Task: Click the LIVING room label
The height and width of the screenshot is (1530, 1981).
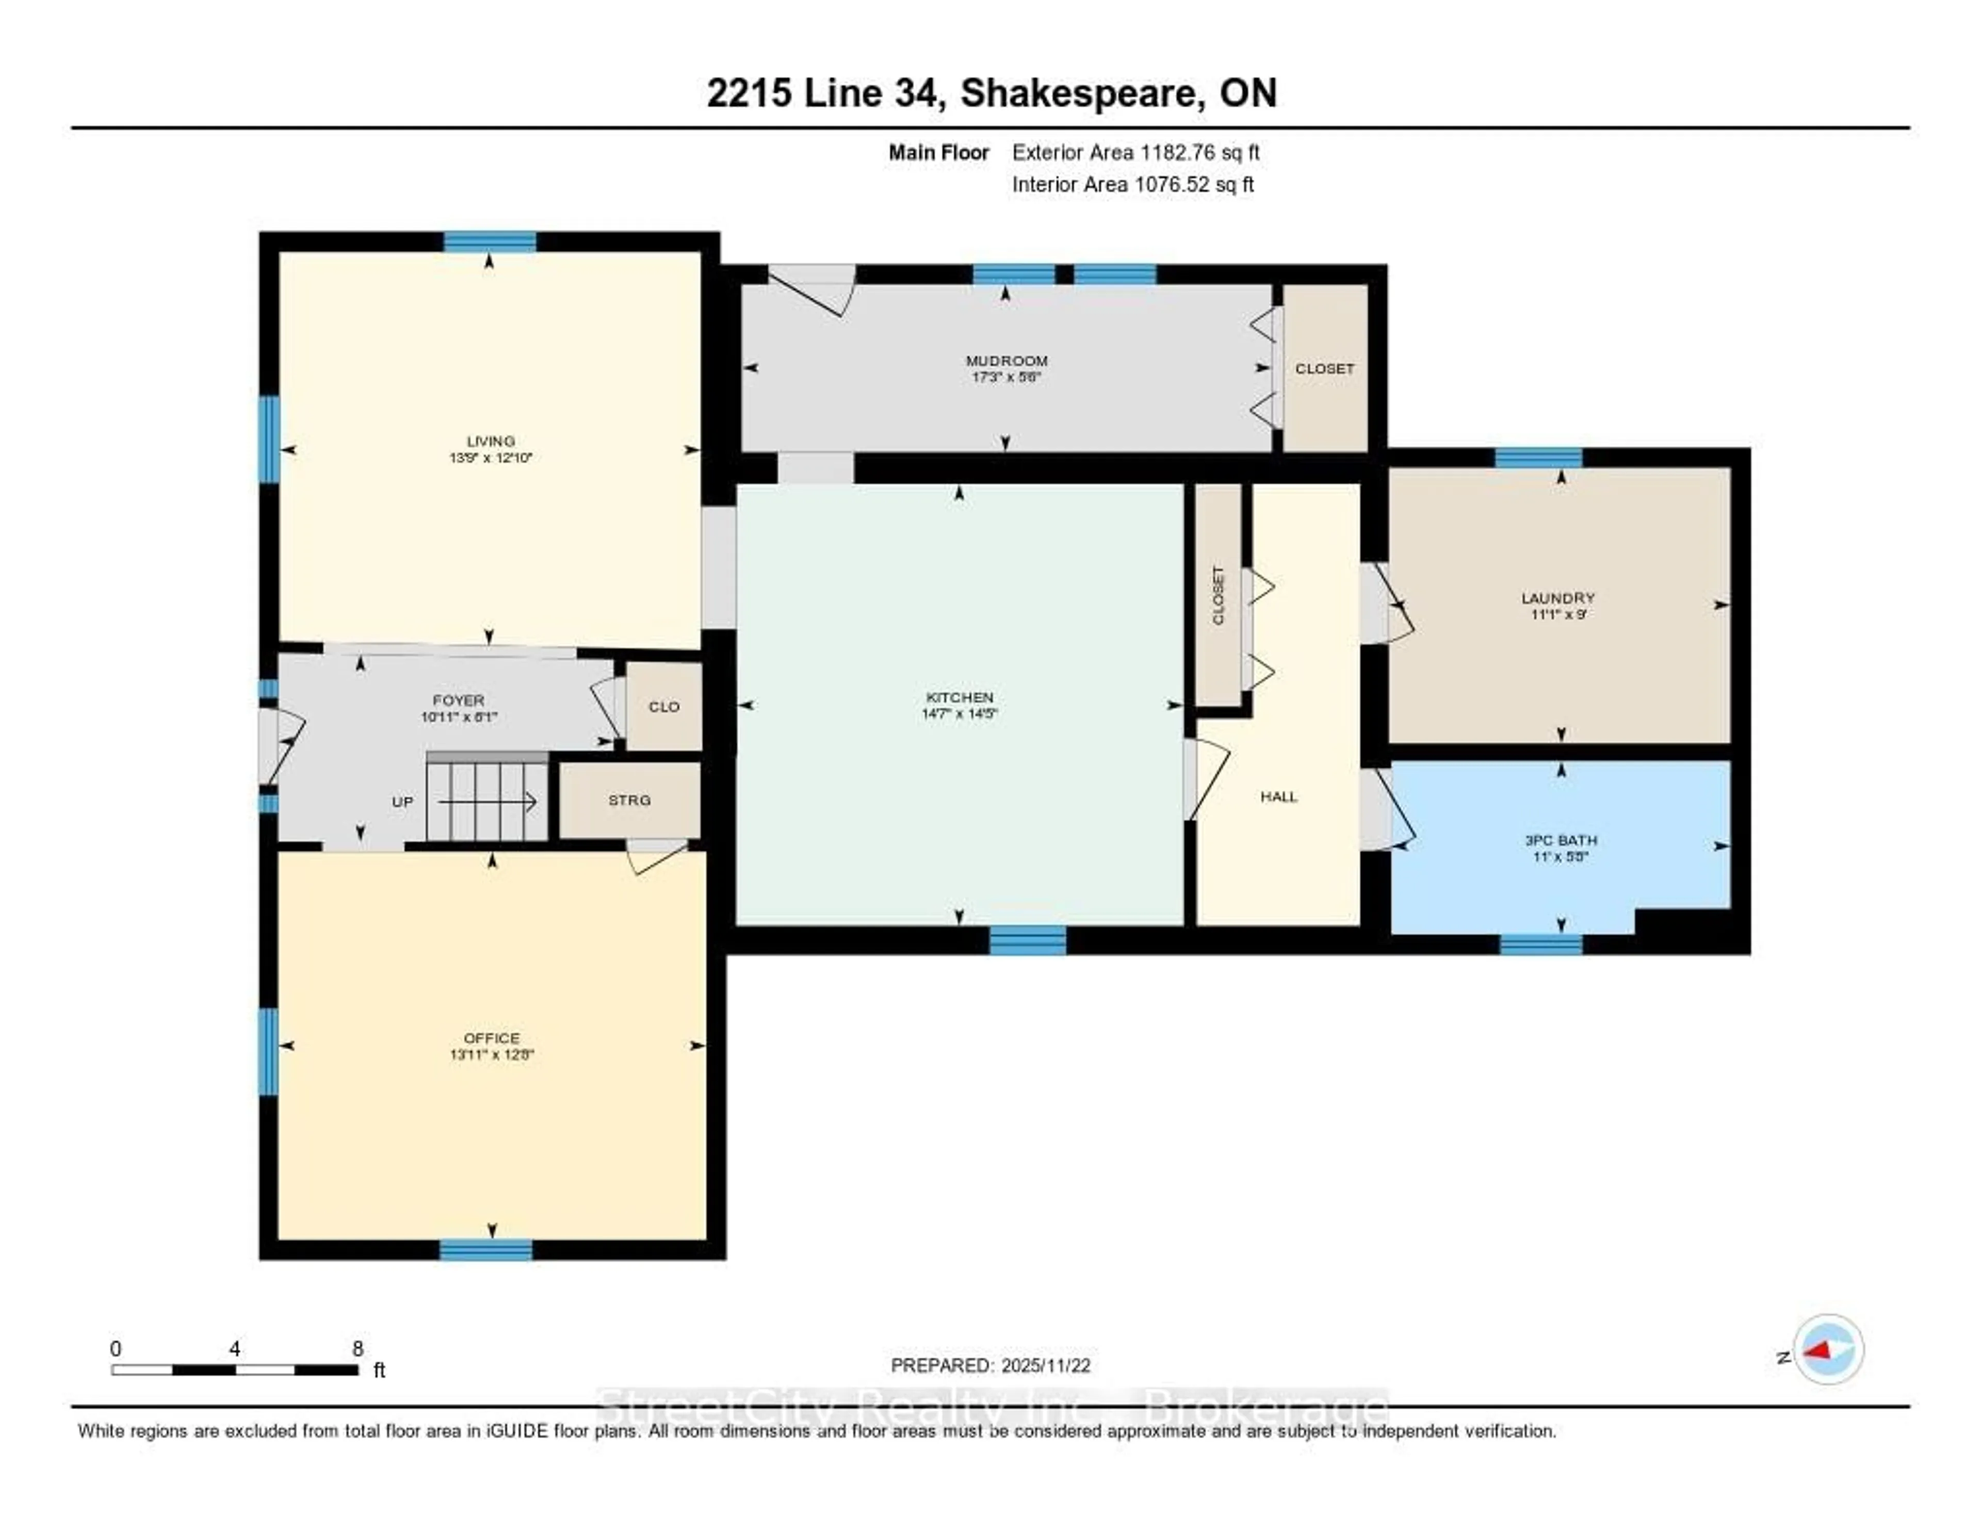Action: point(491,441)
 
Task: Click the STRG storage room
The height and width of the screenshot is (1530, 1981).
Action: point(629,800)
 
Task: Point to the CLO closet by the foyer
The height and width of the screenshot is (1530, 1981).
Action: point(664,707)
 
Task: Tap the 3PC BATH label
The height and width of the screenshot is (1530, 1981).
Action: point(1560,840)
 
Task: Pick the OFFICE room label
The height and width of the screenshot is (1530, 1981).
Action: point(492,1037)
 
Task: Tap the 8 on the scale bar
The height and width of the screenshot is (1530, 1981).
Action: point(359,1348)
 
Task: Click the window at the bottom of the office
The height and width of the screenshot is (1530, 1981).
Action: point(486,1250)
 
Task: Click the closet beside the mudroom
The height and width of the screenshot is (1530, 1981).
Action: point(1324,368)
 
